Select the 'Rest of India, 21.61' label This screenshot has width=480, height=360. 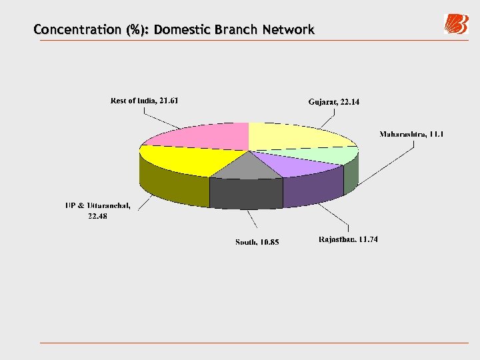click(144, 101)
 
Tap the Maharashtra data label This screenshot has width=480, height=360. click(411, 134)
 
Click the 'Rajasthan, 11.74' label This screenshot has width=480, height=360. click(348, 239)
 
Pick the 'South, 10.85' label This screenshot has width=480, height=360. click(257, 241)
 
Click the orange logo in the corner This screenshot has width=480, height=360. click(457, 24)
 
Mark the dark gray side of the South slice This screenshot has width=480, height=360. click(245, 193)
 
